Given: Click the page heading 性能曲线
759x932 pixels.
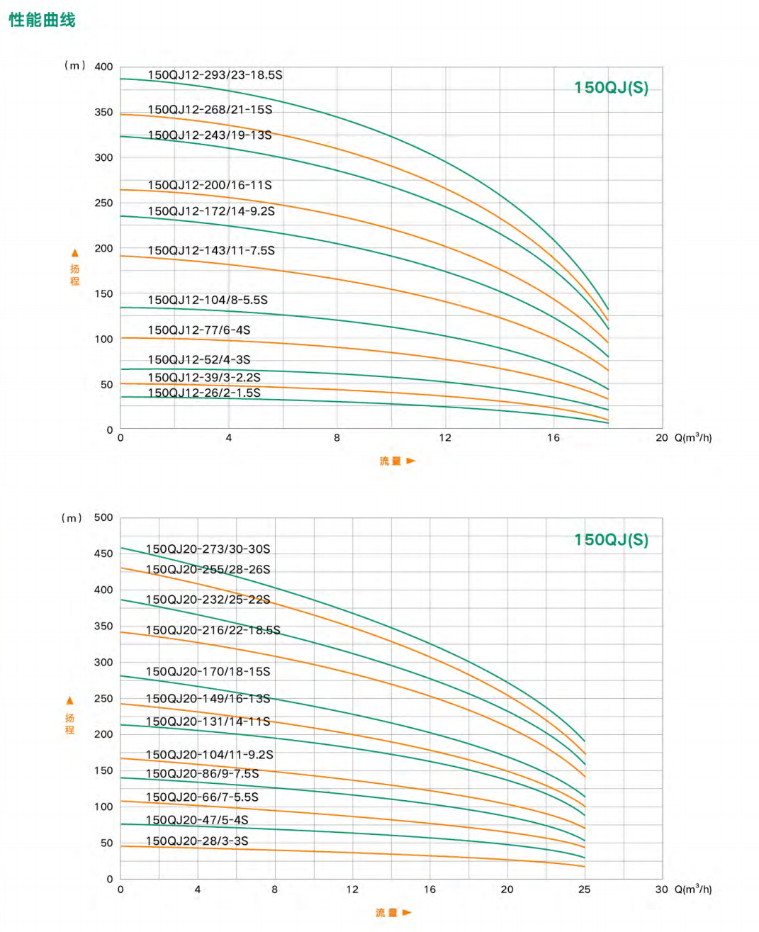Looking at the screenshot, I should [x=42, y=20].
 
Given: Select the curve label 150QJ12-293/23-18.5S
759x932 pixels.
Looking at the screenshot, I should [x=215, y=75].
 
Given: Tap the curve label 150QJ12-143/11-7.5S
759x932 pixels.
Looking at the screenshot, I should [x=211, y=250].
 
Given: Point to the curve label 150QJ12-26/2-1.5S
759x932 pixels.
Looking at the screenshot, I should [x=204, y=393].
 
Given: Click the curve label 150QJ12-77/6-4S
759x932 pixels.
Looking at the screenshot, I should [x=199, y=330].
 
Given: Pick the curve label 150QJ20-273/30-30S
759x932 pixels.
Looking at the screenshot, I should [x=208, y=549].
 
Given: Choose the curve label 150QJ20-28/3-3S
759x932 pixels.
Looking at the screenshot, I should [x=197, y=841].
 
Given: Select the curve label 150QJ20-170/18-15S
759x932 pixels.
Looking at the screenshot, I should [x=208, y=672].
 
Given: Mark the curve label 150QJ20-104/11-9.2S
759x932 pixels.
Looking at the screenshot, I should [x=209, y=755].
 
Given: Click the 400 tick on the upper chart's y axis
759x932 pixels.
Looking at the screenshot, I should [x=103, y=67].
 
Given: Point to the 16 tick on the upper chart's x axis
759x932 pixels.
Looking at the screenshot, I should [x=553, y=438].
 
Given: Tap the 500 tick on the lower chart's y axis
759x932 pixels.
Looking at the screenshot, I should [x=103, y=517].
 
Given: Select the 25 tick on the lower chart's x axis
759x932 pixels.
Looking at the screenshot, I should [x=585, y=889].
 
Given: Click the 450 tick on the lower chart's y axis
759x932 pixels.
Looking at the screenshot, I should [x=103, y=554].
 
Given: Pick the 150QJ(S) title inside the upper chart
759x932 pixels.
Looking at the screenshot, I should [x=611, y=88].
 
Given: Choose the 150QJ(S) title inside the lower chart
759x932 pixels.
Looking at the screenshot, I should [x=611, y=540].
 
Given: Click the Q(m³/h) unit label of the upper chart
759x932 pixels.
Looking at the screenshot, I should [x=693, y=437].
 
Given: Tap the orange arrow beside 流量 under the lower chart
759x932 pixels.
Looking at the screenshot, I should [x=407, y=913].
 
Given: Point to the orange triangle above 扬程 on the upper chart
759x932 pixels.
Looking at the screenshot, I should [x=75, y=253].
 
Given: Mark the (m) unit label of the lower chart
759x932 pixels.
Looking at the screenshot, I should [x=72, y=518].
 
